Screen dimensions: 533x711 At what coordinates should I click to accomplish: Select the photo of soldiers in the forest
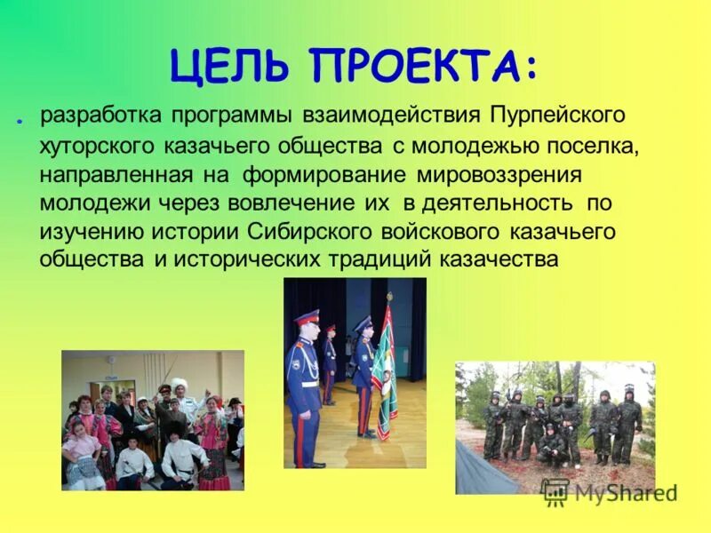pos(555,427)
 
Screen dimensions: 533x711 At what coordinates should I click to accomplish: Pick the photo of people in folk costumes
pos(152,419)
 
